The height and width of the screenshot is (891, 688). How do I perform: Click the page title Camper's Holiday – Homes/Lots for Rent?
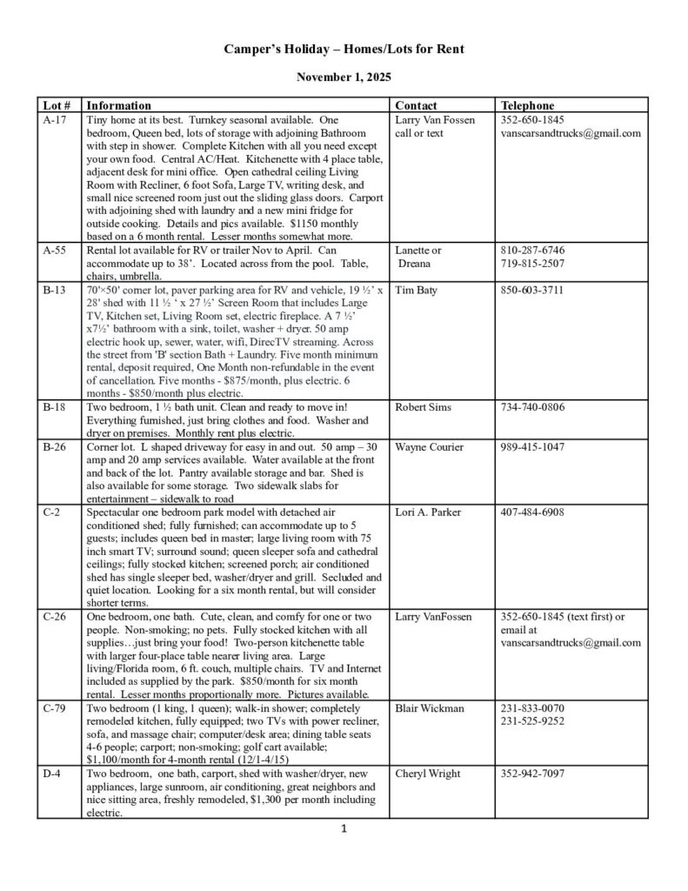[344, 50]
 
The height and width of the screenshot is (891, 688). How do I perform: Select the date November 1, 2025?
[344, 77]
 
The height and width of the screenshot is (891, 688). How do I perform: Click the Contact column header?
[416, 105]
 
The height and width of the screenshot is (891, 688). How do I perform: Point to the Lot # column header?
[57, 105]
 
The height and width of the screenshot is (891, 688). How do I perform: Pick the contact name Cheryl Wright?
[429, 774]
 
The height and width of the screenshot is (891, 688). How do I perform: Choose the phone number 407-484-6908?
[532, 512]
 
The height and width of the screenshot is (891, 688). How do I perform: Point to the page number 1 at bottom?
[345, 828]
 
